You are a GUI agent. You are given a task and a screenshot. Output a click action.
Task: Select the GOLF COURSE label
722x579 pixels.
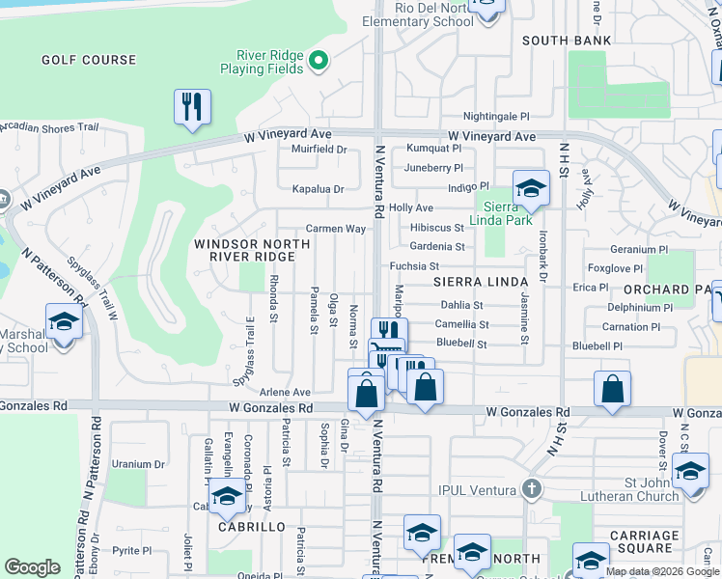click(89, 60)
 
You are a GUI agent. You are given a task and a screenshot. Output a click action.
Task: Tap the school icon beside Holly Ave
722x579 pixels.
click(530, 188)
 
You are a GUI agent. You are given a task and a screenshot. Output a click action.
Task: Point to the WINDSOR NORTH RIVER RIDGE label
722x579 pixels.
click(244, 250)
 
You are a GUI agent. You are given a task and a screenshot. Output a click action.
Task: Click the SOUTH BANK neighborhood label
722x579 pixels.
click(567, 41)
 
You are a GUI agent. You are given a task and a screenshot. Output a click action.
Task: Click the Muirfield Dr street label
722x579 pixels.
click(319, 150)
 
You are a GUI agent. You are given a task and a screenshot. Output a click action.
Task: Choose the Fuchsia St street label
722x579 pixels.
click(414, 266)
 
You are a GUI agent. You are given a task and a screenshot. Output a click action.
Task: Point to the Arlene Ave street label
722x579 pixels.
click(285, 393)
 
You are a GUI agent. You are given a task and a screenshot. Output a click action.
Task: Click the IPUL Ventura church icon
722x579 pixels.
click(529, 489)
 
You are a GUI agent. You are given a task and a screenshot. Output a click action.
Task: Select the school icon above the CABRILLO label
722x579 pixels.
click(227, 498)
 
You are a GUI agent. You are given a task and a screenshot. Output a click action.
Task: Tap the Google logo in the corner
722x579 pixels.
click(32, 567)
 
